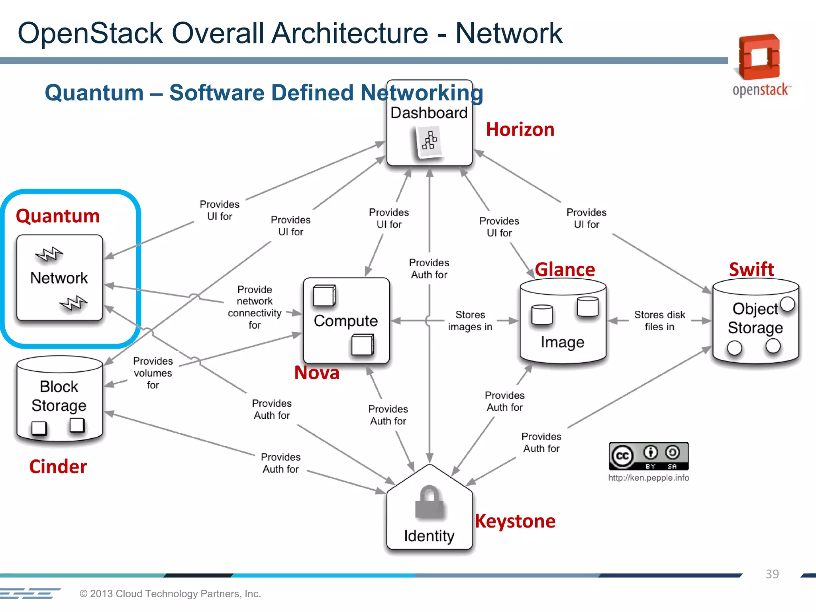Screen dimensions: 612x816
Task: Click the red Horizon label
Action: click(x=520, y=130)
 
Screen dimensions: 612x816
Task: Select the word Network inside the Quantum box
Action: click(x=59, y=278)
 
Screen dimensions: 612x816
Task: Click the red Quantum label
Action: click(x=58, y=216)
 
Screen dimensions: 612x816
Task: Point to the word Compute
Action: click(x=345, y=321)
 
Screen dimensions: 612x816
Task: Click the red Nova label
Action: click(x=317, y=373)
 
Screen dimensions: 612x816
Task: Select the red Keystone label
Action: click(x=515, y=521)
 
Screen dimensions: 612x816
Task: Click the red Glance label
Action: click(x=565, y=270)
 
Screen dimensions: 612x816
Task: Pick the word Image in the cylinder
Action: click(x=562, y=342)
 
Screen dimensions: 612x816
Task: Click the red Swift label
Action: click(x=751, y=270)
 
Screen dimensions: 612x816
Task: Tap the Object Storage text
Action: click(x=755, y=318)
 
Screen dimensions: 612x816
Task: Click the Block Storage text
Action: click(x=59, y=396)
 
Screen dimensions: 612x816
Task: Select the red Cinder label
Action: click(x=58, y=467)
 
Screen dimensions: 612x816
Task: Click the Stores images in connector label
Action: click(x=470, y=321)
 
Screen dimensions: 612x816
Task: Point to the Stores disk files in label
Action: click(x=659, y=321)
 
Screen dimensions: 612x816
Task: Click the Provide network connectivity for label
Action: click(x=255, y=307)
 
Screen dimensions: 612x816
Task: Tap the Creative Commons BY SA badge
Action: click(x=649, y=456)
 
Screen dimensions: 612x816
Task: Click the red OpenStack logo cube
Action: click(x=759, y=57)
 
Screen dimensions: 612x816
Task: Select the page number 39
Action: click(x=772, y=574)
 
